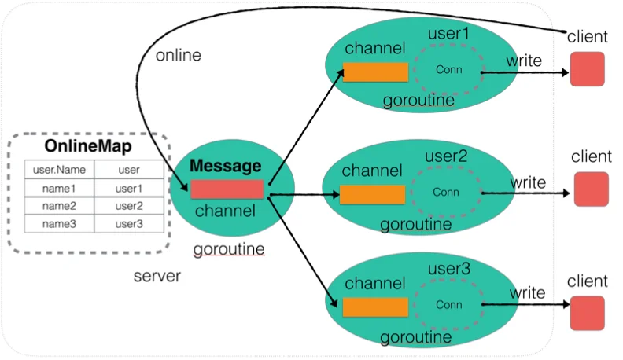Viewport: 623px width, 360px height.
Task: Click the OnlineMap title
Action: click(88, 146)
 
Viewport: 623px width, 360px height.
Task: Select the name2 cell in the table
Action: click(59, 206)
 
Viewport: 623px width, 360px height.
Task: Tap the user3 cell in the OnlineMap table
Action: click(129, 224)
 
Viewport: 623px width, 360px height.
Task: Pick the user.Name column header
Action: click(59, 170)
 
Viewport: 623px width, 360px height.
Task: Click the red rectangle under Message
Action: click(227, 189)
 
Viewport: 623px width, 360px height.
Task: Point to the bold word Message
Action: click(225, 166)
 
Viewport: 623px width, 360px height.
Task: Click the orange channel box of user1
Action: click(375, 72)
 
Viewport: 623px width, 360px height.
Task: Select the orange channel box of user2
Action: click(372, 194)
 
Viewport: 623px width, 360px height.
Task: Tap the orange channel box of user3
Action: click(375, 307)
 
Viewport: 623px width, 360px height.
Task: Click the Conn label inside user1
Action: click(449, 69)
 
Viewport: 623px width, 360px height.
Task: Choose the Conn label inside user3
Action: click(449, 304)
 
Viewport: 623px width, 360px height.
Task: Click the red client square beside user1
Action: click(588, 69)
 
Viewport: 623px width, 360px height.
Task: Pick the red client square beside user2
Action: click(592, 189)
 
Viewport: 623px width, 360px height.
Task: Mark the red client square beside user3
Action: click(588, 313)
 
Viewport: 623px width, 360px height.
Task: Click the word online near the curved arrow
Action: click(179, 55)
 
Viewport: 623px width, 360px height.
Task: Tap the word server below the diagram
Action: click(157, 276)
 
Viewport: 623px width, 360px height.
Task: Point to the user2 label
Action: click(446, 156)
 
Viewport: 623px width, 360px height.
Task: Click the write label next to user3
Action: click(527, 292)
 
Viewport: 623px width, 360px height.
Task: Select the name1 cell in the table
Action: click(59, 188)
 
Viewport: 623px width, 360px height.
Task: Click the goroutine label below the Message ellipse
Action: click(229, 249)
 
